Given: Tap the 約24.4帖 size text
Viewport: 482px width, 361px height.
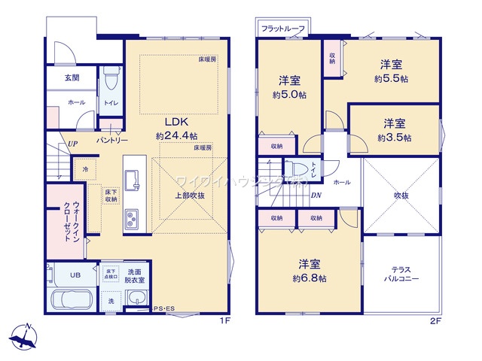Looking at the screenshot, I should [x=176, y=136].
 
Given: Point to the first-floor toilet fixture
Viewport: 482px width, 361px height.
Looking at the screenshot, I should [x=111, y=77].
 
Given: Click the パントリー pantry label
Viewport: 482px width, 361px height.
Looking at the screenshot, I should [x=111, y=141].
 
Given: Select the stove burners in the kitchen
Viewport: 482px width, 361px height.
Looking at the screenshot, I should [x=133, y=219].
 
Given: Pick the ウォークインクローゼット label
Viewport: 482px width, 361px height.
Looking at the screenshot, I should [x=63, y=219].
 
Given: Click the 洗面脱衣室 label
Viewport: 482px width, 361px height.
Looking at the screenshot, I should [x=136, y=275].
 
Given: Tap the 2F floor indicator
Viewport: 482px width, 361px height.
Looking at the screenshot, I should [x=435, y=320].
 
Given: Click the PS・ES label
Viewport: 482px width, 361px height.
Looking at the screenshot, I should [x=163, y=308].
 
